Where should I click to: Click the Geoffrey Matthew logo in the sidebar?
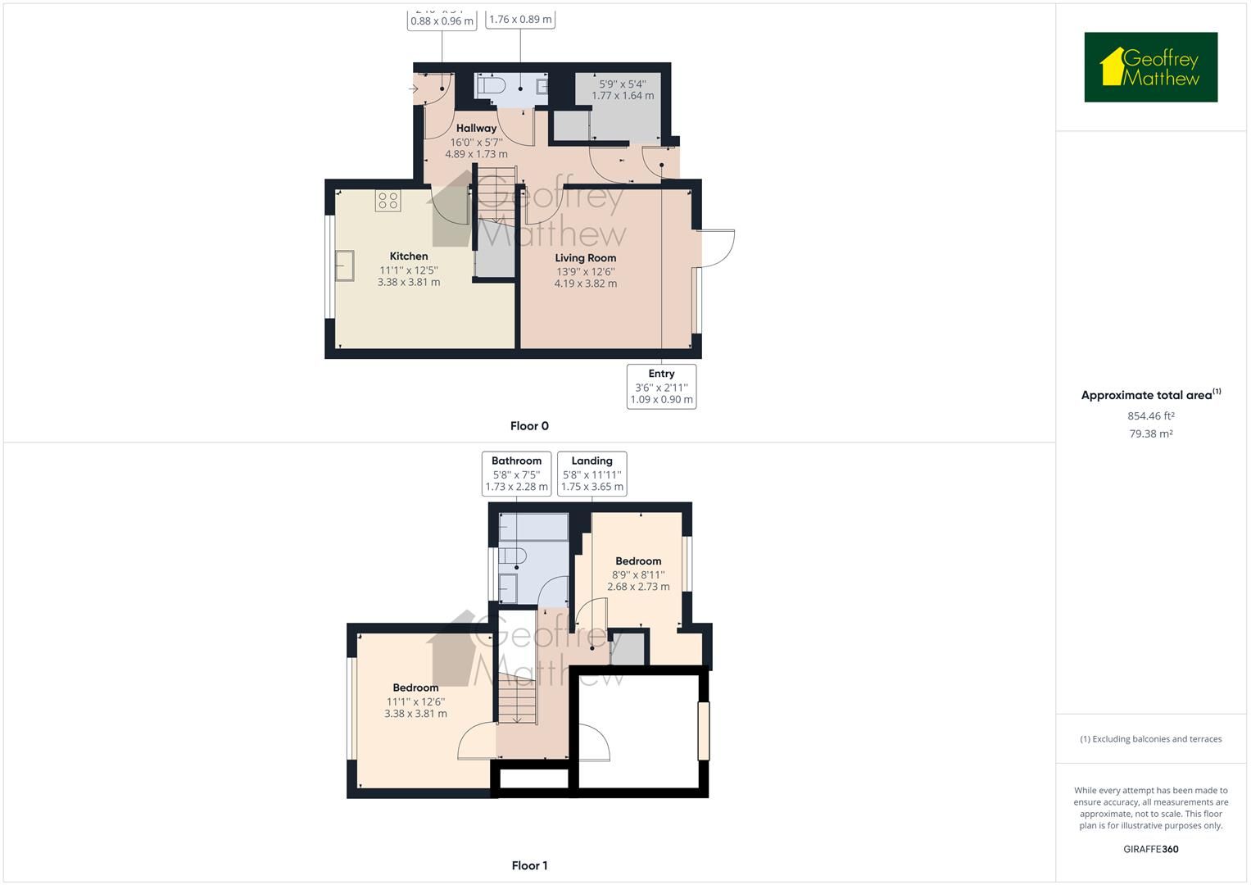pos(1150,67)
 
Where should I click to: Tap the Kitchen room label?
pos(409,256)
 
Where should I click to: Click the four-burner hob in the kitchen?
pos(388,201)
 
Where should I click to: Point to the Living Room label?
pos(585,258)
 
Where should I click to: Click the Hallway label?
pos(476,128)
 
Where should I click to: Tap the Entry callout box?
pos(661,387)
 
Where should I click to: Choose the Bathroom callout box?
pos(516,474)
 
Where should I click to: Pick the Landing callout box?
pos(592,474)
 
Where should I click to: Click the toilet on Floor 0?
pos(492,85)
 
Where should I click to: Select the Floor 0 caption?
pos(529,426)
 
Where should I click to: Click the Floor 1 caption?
pos(529,865)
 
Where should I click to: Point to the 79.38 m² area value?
pos(1150,434)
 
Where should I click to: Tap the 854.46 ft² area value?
pos(1150,416)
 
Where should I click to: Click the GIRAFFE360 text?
pos(1150,849)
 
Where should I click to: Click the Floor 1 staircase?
pos(517,701)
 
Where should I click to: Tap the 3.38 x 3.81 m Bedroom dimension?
pos(415,714)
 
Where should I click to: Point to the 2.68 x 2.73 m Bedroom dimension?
pos(638,587)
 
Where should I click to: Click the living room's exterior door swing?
pos(715,247)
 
